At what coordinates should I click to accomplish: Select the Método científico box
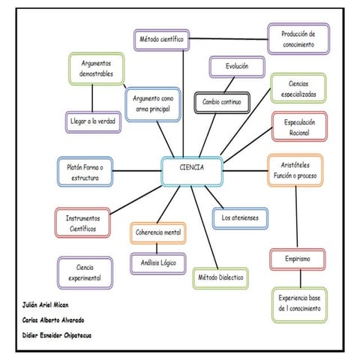pyautogui.click(x=161, y=39)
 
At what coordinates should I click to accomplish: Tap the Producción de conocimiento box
pyautogui.click(x=298, y=39)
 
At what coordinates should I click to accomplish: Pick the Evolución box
pyautogui.click(x=236, y=67)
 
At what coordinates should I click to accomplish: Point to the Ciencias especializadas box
pyautogui.click(x=298, y=89)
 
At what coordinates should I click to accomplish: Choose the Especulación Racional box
pyautogui.click(x=299, y=126)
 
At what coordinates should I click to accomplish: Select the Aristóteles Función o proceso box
pyautogui.click(x=295, y=170)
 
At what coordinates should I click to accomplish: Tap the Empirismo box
pyautogui.click(x=298, y=259)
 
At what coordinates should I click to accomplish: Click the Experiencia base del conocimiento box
pyautogui.click(x=299, y=303)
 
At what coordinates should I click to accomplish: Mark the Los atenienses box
pyautogui.click(x=238, y=218)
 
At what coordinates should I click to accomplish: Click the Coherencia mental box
pyautogui.click(x=158, y=233)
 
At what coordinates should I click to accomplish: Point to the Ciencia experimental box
pyautogui.click(x=85, y=272)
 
